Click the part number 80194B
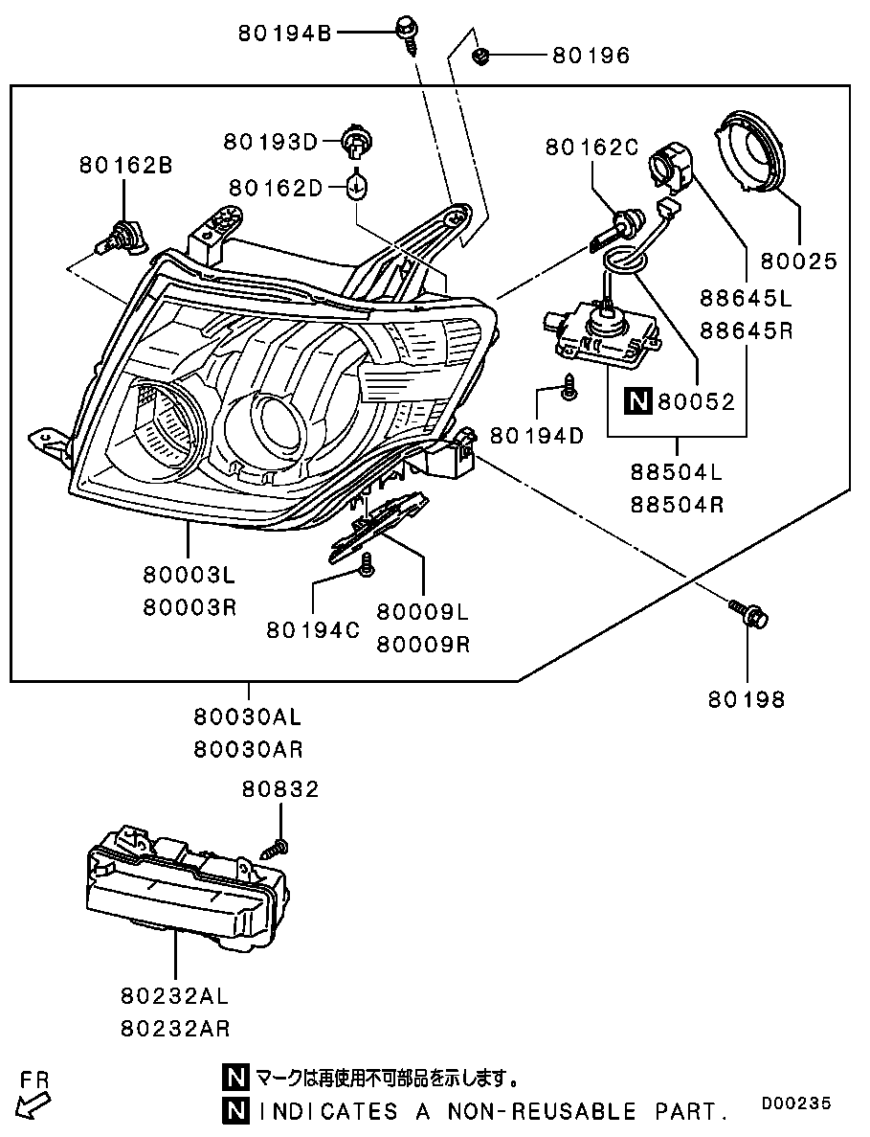coord(284,34)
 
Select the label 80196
coord(591,56)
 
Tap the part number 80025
coord(798,262)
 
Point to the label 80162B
coord(126,166)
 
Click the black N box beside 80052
coord(638,401)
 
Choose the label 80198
coord(747,699)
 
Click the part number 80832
coord(280,789)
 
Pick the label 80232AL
coord(174,996)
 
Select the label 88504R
coord(678,504)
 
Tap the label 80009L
coord(423,612)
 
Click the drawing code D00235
coord(796,1103)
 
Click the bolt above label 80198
coord(749,613)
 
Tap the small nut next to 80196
coord(479,56)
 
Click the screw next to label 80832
coord(277,846)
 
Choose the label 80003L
coord(190,575)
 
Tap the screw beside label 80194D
coord(569,386)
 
